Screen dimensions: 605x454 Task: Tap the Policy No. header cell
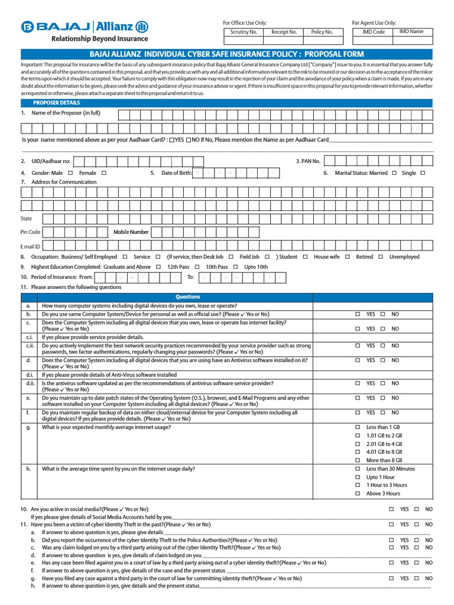pyautogui.click(x=322, y=32)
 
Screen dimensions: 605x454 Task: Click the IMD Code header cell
pyautogui.click(x=373, y=32)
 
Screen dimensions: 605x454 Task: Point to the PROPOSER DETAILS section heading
pyautogui.click(x=57, y=103)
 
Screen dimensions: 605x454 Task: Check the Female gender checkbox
pyautogui.click(x=103, y=173)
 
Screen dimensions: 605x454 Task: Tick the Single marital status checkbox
pyautogui.click(x=422, y=173)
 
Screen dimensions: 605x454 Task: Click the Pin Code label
pyautogui.click(x=31, y=232)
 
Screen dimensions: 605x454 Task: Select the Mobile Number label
pyautogui.click(x=131, y=232)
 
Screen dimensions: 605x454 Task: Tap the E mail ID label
pyautogui.click(x=31, y=246)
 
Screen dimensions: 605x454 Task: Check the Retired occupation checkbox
pyautogui.click(x=381, y=257)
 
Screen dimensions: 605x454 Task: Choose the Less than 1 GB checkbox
pyautogui.click(x=357, y=427)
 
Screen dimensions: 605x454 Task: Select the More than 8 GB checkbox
pyautogui.click(x=357, y=460)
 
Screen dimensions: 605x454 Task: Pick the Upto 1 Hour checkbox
pyautogui.click(x=357, y=477)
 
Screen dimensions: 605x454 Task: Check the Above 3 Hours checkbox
pyautogui.click(x=357, y=493)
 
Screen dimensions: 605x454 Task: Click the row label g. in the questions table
pyautogui.click(x=28, y=427)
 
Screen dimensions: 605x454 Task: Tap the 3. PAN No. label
pyautogui.click(x=307, y=161)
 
